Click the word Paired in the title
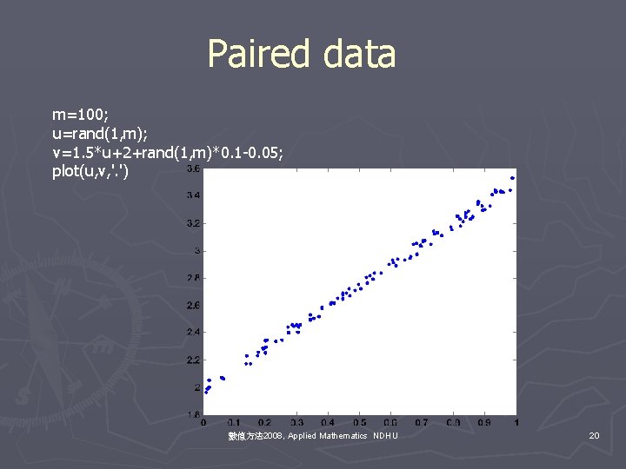(260, 54)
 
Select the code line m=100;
(81, 115)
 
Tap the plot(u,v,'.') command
(91, 172)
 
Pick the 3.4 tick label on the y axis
(193, 196)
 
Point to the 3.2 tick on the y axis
(193, 223)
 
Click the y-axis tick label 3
(196, 251)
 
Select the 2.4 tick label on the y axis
(193, 333)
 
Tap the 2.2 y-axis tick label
(193, 360)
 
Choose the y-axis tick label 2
(196, 387)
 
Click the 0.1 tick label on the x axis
(235, 423)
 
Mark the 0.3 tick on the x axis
(297, 423)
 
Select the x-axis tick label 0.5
(360, 423)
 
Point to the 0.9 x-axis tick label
(485, 423)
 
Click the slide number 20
(594, 435)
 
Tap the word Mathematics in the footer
(343, 435)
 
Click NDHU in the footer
(385, 435)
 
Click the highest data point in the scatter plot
(513, 178)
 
